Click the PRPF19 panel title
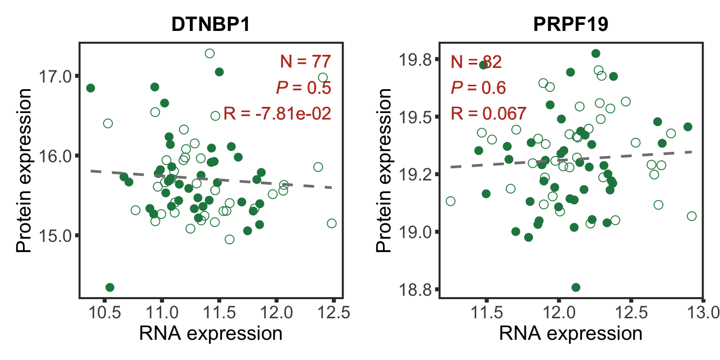(570, 25)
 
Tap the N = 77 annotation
(306, 61)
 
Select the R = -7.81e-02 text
(277, 113)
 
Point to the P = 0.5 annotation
(304, 87)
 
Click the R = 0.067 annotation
(488, 113)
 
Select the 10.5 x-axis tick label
(104, 313)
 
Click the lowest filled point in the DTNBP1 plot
(110, 287)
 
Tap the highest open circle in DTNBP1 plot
(210, 53)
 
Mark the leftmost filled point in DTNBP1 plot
(90, 88)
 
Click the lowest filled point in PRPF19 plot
(576, 287)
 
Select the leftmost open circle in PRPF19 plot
(450, 201)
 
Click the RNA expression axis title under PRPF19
(570, 334)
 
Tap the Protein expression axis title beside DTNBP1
(24, 170)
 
